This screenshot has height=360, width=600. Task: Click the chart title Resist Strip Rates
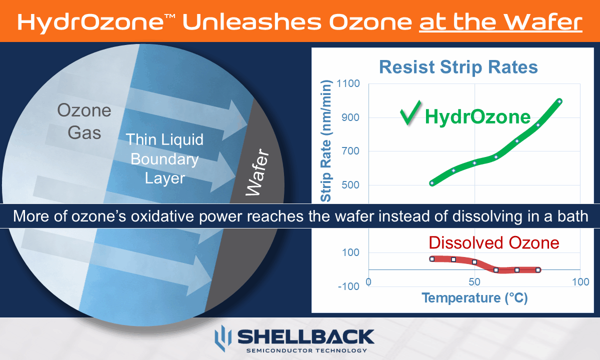458,67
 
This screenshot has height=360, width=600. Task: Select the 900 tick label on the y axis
351,118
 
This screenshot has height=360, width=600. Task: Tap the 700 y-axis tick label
351,151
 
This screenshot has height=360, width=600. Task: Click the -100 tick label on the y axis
349,286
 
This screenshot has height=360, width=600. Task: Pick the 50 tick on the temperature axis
474,282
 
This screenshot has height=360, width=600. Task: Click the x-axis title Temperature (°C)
474,298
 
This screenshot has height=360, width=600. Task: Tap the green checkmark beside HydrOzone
410,114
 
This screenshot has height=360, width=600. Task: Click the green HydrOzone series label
477,116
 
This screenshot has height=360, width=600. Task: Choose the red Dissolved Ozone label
493,242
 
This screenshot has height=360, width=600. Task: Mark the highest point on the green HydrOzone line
559,101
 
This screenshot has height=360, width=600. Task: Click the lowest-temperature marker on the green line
432,183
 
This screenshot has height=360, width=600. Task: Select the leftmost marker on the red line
432,258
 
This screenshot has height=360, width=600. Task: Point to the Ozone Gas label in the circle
84,121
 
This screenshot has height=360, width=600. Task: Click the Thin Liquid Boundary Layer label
164,158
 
